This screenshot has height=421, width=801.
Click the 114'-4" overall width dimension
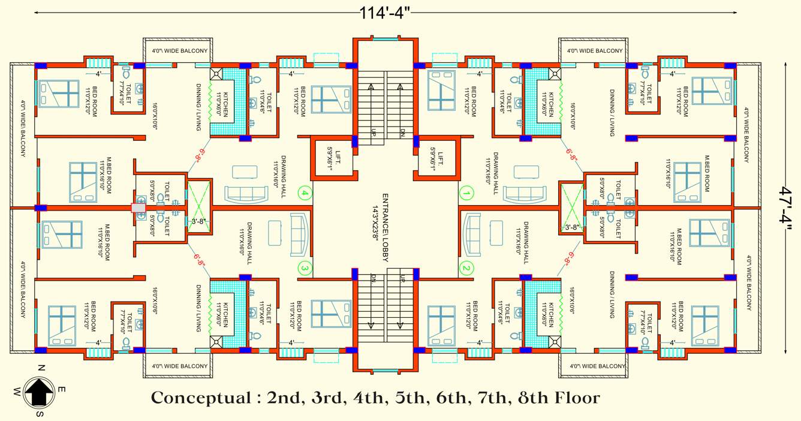point(387,12)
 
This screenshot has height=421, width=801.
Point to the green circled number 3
point(305,268)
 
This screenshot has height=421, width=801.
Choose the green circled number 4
point(305,194)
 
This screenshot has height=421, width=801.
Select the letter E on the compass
point(62,390)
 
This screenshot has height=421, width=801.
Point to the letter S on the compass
point(40,414)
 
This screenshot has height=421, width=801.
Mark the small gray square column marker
point(138,208)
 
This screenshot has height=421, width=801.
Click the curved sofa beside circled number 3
point(300,232)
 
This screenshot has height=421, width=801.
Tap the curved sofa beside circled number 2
point(471,232)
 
